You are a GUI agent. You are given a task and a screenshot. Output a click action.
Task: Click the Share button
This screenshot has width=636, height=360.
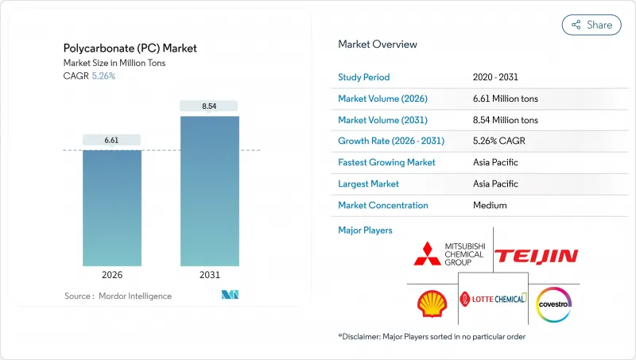[x=591, y=25]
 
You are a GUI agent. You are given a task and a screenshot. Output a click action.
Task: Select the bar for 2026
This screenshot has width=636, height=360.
[x=112, y=208]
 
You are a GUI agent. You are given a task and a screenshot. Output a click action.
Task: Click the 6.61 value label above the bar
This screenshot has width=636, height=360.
[x=112, y=140]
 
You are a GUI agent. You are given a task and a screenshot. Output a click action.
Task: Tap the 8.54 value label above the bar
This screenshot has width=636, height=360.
[x=208, y=106]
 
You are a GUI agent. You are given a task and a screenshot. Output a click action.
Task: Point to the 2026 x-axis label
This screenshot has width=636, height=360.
[x=112, y=275]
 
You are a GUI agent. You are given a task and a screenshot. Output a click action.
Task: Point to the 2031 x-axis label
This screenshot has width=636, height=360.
[x=208, y=275]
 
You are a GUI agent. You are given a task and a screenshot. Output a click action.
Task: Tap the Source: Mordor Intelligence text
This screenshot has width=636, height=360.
[x=118, y=296]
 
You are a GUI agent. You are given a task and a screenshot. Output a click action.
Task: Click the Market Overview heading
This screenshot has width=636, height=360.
[x=378, y=45]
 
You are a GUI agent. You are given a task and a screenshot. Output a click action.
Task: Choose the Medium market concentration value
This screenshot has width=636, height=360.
[x=490, y=205]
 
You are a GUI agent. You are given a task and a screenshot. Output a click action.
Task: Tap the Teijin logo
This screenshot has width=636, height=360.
[x=537, y=255]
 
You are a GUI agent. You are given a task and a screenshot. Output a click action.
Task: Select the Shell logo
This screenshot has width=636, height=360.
[x=432, y=303]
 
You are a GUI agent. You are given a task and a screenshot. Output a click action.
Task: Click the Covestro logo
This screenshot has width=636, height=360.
[x=554, y=303]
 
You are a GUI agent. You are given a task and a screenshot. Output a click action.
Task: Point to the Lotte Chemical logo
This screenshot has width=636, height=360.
[x=493, y=299]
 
